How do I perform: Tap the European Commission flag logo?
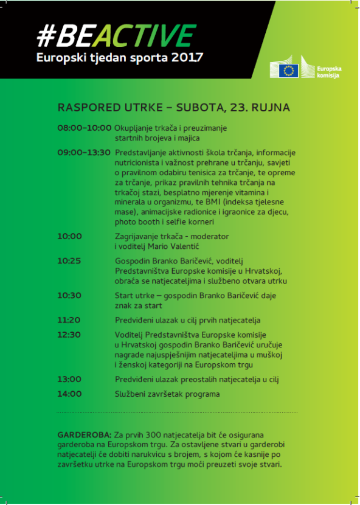[x=289, y=71]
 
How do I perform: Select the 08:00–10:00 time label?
[x=85, y=128]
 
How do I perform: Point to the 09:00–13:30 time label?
[x=84, y=152]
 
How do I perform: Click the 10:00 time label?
[x=69, y=236]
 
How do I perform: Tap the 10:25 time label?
[x=69, y=260]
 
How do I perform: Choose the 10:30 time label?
[x=69, y=296]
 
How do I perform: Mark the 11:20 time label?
[x=69, y=320]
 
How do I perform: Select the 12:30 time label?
[x=69, y=334]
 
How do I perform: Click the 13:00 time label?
[x=69, y=379]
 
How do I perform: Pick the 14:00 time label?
[x=69, y=394]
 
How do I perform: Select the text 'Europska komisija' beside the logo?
[x=328, y=71]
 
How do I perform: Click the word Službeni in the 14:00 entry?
[x=131, y=394]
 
